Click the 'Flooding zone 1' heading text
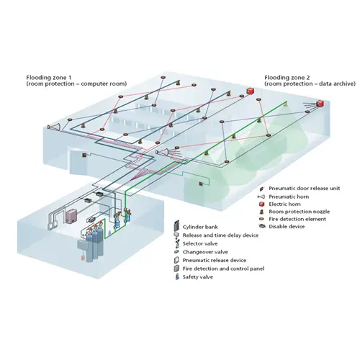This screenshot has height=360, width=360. click(x=49, y=78)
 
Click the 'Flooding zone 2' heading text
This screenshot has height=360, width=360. click(x=287, y=78)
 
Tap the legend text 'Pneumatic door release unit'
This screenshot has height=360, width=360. click(x=305, y=189)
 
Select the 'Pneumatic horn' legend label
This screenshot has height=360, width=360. click(x=289, y=197)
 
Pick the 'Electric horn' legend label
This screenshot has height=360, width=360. click(x=284, y=204)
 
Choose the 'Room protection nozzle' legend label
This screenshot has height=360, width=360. click(x=299, y=212)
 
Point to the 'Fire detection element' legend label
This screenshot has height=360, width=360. click(x=297, y=219)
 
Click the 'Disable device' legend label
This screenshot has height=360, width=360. click(x=287, y=227)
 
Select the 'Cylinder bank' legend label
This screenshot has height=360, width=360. click(x=200, y=227)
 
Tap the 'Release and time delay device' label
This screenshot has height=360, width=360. click(x=220, y=235)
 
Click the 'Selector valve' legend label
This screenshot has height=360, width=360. click(x=200, y=244)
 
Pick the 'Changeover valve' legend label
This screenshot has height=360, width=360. click(x=205, y=252)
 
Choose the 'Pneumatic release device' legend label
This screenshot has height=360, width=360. click(x=215, y=261)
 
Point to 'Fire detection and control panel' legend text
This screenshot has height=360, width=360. click(x=223, y=269)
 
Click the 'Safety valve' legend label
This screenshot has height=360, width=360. click(x=198, y=277)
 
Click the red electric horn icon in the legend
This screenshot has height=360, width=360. click(x=262, y=204)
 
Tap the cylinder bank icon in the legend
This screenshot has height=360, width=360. click(x=176, y=225)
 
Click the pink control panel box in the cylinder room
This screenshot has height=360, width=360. click(x=71, y=216)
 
